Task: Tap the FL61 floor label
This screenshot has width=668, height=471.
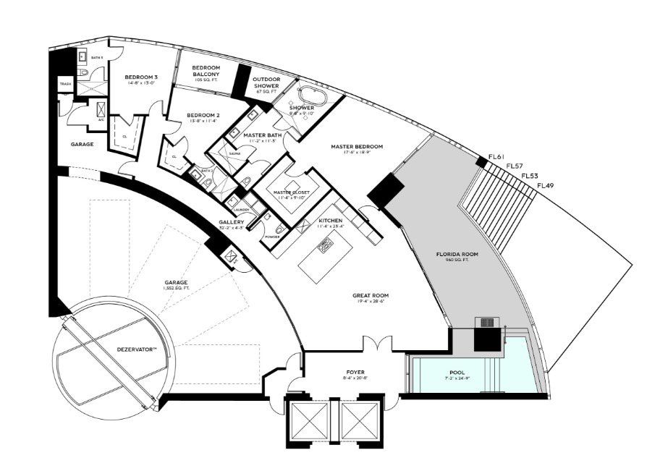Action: [x=496, y=157]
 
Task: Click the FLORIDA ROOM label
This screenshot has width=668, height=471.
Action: [x=457, y=255]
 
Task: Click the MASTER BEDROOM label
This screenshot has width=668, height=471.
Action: [x=357, y=147]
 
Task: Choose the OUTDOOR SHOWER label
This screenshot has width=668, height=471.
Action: [x=266, y=82]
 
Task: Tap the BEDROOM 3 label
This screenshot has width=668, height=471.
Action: [x=141, y=77]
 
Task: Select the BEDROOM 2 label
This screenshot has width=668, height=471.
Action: [x=203, y=115]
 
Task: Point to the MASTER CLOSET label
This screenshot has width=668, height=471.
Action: [x=287, y=191]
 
